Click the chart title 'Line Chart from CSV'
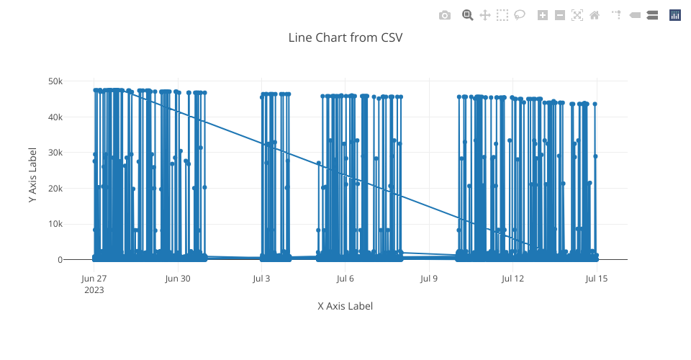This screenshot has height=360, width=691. (x=345, y=37)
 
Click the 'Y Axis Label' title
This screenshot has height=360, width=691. (x=33, y=175)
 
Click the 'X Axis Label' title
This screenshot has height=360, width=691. (x=345, y=306)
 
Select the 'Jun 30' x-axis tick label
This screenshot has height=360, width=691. (x=178, y=279)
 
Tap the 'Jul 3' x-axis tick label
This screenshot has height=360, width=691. (x=261, y=279)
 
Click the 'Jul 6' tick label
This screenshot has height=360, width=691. (x=345, y=279)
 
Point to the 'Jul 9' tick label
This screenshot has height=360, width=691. (x=429, y=279)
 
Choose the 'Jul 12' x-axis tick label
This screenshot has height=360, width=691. (x=512, y=279)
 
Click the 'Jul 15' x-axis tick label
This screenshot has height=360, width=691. (x=597, y=279)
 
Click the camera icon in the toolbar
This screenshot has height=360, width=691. (x=445, y=15)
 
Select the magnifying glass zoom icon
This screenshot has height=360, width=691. (x=468, y=15)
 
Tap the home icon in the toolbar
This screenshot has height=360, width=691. (x=595, y=15)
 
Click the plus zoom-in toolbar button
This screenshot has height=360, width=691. (x=543, y=15)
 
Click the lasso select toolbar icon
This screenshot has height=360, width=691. (x=520, y=15)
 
